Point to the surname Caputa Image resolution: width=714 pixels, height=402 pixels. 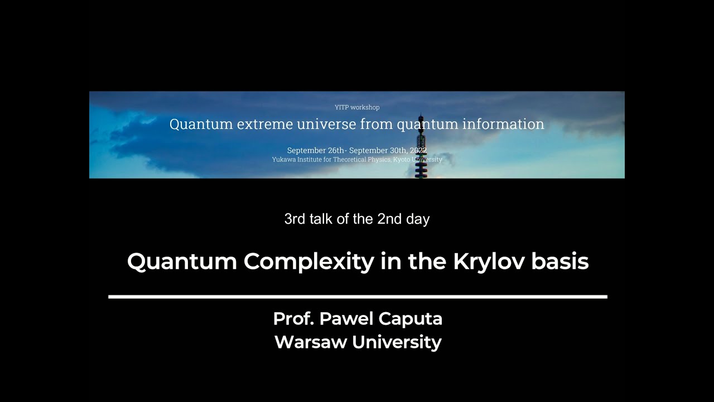[411, 319]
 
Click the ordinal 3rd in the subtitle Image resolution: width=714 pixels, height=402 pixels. [295, 219]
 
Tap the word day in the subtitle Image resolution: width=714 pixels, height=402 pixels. [418, 219]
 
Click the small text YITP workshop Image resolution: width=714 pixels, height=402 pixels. [357, 107]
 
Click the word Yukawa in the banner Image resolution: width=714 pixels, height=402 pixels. [284, 160]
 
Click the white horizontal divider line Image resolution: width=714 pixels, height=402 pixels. [357, 296]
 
